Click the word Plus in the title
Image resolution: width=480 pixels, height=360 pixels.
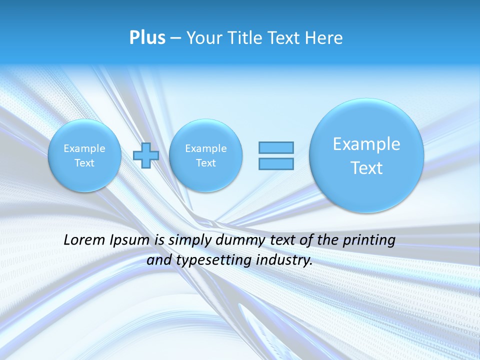pos(147,38)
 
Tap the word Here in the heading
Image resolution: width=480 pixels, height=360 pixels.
pos(324,38)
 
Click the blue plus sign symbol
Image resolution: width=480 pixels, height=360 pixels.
pos(146,155)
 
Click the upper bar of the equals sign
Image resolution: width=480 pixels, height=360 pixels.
pos(276,147)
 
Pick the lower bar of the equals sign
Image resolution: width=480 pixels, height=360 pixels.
pos(276,163)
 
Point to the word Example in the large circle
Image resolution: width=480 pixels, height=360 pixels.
pos(366,144)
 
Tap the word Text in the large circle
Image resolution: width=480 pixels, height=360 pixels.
pos(366,168)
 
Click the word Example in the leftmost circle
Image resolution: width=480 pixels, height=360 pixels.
pos(84,148)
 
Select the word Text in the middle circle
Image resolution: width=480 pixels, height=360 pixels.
pos(205,163)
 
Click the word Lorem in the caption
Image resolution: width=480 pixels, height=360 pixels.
pos(83,240)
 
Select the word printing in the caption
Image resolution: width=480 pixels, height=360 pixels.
pos(369,240)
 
